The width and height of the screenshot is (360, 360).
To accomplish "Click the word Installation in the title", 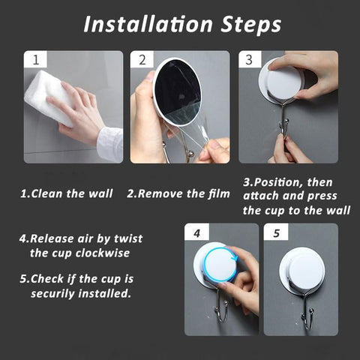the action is pos(148,24).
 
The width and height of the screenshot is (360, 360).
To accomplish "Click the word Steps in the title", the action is pos(251,25).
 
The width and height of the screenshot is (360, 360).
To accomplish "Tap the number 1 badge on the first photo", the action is pos(35,59).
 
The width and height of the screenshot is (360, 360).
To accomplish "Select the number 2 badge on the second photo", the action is pos(142,59).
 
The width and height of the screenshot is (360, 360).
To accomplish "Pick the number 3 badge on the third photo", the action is pos(250,59).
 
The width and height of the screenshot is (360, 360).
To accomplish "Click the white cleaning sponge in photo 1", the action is pos(47,97).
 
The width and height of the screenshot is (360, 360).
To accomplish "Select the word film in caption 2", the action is pos(219,193).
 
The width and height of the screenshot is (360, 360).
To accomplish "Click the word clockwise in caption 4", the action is pos(103,253).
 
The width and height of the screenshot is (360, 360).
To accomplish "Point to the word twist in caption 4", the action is pos(128,238).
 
